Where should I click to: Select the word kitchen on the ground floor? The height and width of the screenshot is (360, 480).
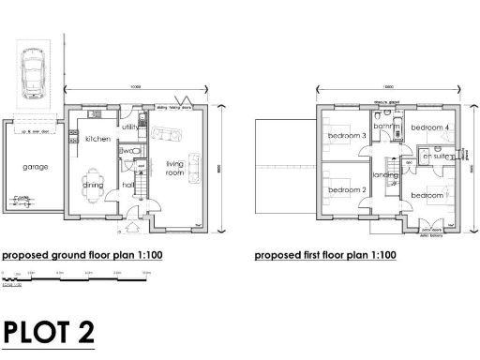pos(98,139)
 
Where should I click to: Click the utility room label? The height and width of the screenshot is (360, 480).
pos(129,127)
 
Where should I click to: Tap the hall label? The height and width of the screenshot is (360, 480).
pos(127,185)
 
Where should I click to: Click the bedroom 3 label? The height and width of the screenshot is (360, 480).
pos(346,138)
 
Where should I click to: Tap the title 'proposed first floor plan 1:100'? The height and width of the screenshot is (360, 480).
pos(325,255)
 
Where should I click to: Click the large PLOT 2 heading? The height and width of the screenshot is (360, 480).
pos(49,333)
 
